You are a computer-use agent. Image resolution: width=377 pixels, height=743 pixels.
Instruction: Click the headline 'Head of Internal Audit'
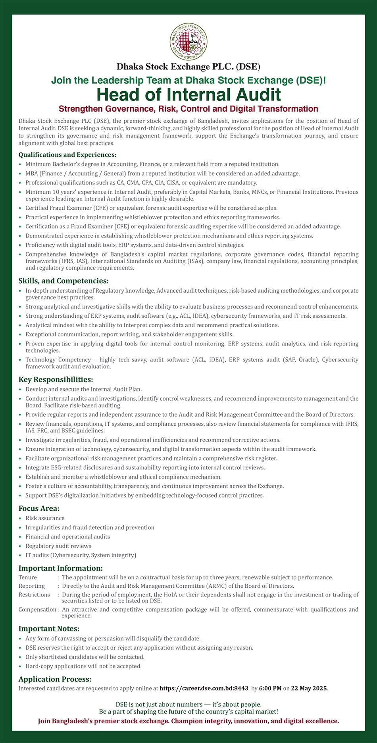click(x=188, y=95)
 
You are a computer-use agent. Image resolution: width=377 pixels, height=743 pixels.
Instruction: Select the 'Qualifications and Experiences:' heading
click(x=67, y=155)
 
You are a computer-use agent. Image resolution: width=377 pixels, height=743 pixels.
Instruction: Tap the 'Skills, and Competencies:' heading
click(x=63, y=281)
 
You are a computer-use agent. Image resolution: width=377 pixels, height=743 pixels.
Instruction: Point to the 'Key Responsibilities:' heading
click(x=56, y=379)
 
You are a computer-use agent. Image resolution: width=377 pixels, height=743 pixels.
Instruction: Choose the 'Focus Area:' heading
click(x=39, y=508)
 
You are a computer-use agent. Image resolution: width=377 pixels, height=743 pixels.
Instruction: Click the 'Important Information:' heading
click(x=61, y=568)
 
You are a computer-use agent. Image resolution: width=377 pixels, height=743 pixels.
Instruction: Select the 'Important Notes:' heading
click(x=49, y=629)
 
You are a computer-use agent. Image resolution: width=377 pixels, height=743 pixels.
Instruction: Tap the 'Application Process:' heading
click(x=55, y=679)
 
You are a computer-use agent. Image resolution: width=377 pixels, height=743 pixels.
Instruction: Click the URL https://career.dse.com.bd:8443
click(x=204, y=688)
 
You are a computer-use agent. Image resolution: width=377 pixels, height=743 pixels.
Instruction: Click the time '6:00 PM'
click(x=270, y=688)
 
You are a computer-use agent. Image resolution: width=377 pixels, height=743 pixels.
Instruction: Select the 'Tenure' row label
click(x=28, y=577)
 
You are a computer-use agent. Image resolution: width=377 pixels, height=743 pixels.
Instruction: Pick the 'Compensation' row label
click(x=37, y=610)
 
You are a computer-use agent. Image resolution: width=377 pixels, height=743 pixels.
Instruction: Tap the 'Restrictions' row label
click(x=34, y=595)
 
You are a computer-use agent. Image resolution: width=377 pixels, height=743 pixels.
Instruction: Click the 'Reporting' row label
click(x=32, y=586)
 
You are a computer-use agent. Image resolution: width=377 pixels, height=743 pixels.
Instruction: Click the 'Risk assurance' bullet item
click(x=45, y=518)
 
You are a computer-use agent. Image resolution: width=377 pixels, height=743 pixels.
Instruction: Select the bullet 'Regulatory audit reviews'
click(x=58, y=546)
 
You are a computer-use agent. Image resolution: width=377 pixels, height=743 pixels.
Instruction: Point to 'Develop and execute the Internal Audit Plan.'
click(x=84, y=389)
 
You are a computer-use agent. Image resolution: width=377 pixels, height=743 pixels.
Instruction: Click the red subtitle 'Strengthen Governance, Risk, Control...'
click(x=188, y=109)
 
